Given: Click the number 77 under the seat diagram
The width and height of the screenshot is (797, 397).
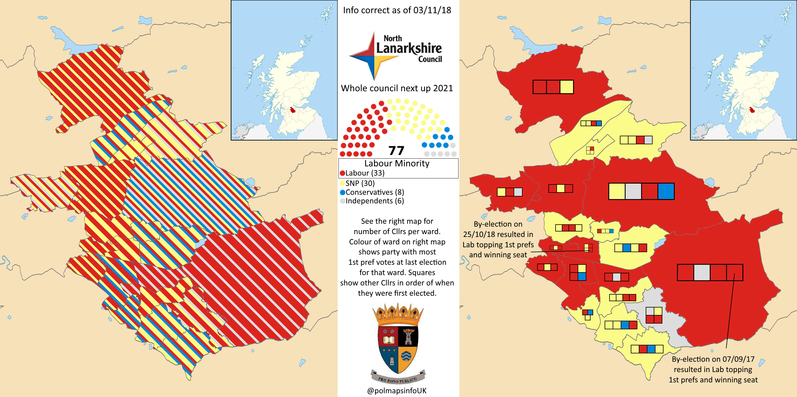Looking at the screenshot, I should (x=396, y=151).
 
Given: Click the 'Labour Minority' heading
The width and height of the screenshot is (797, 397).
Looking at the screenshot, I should (x=397, y=163).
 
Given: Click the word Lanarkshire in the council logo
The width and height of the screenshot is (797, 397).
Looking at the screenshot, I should (x=409, y=48).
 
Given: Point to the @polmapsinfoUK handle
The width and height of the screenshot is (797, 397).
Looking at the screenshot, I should (x=397, y=390).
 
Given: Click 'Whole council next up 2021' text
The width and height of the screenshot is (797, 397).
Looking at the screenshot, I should (x=397, y=88).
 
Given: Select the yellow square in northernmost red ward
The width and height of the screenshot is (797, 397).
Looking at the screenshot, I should (x=566, y=87).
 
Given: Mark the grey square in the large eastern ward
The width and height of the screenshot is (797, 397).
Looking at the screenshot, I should (x=701, y=273).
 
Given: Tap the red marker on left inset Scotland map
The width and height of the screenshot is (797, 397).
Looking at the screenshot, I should (x=292, y=110).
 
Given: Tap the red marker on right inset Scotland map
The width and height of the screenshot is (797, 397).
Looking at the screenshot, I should (x=752, y=110).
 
